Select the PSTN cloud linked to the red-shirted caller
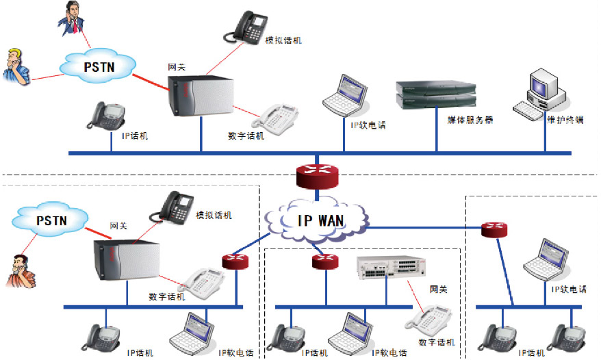pos(50,220)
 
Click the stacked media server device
pos(435,95)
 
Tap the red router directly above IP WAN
pos(318,175)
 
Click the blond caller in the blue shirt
pos(16,66)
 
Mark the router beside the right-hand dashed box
pos(493,229)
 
